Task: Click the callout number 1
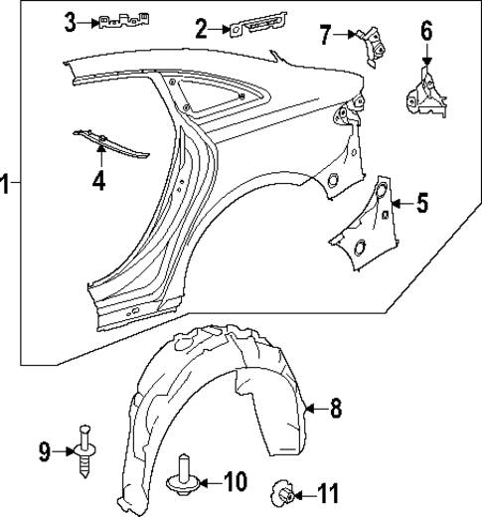pyautogui.click(x=7, y=185)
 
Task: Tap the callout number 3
pyautogui.click(x=71, y=20)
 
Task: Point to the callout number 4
pyautogui.click(x=98, y=180)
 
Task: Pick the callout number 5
pyautogui.click(x=421, y=206)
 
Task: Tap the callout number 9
pyautogui.click(x=44, y=452)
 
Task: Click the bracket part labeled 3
pyautogui.click(x=123, y=22)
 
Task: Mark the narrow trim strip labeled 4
pyautogui.click(x=109, y=141)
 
